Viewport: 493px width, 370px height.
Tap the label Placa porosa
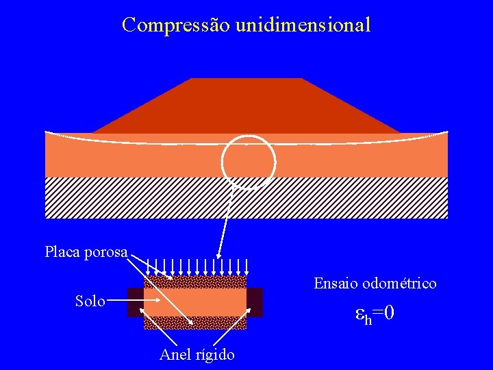pyautogui.click(x=86, y=252)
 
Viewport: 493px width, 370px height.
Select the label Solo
pyautogui.click(x=90, y=301)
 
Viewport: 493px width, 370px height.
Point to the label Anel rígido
pyautogui.click(x=197, y=354)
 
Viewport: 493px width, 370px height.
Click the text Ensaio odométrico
pyautogui.click(x=375, y=283)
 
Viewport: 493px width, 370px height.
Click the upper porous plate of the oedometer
pyautogui.click(x=195, y=282)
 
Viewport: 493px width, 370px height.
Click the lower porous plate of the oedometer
pyautogui.click(x=195, y=323)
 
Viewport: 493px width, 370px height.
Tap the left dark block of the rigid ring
pyautogui.click(x=136, y=302)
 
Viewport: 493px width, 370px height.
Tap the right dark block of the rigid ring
pyautogui.click(x=255, y=302)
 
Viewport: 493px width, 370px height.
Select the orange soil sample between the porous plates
pyautogui.click(x=195, y=302)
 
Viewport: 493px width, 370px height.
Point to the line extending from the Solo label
pyautogui.click(x=125, y=300)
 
